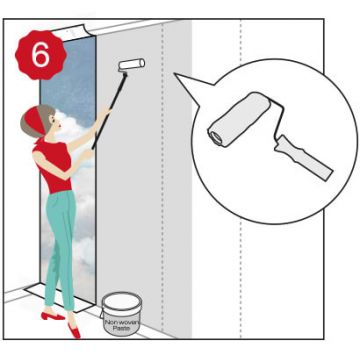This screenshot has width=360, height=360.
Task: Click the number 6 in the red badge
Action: (x=41, y=55)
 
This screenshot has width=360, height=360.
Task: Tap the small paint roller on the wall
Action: (x=131, y=64)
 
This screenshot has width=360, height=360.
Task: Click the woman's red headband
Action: (x=36, y=121)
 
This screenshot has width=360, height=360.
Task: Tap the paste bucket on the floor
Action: (x=122, y=313)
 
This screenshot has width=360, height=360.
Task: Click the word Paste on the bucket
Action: (x=121, y=328)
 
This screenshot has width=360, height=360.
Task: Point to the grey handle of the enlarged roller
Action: (x=303, y=158)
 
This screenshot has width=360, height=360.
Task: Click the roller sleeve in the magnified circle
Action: (x=239, y=119)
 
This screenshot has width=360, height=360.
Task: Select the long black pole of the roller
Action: (x=109, y=111)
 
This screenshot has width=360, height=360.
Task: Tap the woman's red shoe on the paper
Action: (x=53, y=316)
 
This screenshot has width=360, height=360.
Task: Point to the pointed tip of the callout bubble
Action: (x=175, y=74)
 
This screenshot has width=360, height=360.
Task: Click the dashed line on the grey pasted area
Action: (x=163, y=177)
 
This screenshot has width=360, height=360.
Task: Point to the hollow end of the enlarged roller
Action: (x=216, y=138)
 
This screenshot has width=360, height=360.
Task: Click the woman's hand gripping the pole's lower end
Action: (x=87, y=153)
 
